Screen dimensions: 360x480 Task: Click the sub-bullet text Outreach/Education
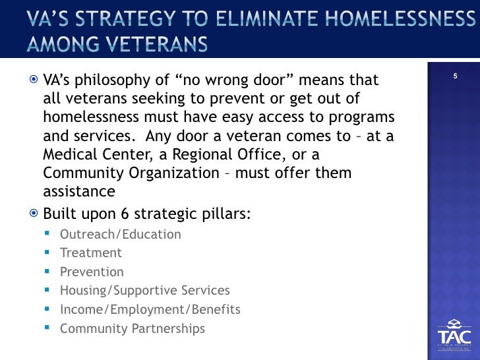(120, 234)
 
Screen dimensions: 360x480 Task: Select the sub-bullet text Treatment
(90, 253)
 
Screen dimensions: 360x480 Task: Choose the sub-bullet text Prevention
(92, 272)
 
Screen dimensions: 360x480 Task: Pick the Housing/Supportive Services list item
(144, 290)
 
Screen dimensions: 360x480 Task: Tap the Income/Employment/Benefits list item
(150, 309)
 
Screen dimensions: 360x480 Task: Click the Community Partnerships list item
(132, 328)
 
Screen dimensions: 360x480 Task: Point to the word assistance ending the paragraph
(78, 191)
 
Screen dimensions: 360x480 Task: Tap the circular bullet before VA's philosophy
(34, 80)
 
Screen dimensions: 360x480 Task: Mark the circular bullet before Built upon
(34, 215)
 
